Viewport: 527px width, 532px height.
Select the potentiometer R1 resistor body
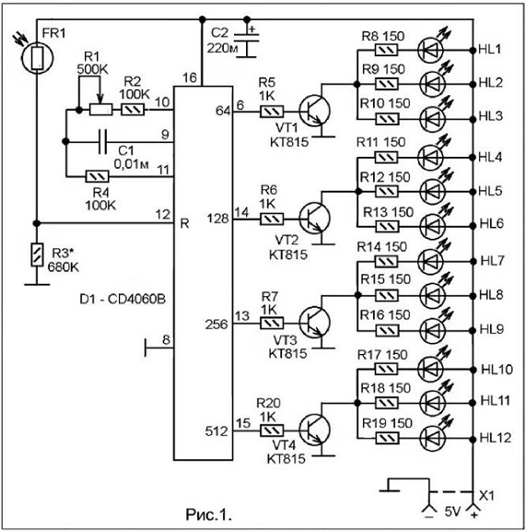[x=100, y=110]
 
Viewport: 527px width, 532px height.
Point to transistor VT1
[x=314, y=111]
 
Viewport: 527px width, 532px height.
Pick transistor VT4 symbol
[x=314, y=431]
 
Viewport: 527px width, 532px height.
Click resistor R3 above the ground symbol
[x=37, y=254]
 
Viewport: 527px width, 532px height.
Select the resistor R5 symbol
[x=272, y=112]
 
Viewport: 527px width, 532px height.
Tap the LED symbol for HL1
[x=431, y=50]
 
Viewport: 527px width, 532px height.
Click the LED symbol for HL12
[x=432, y=439]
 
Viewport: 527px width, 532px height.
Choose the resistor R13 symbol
[x=388, y=226]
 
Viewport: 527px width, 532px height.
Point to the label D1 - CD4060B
[x=123, y=300]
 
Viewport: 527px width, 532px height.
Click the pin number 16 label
[x=190, y=78]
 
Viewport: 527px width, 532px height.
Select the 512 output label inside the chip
[x=217, y=432]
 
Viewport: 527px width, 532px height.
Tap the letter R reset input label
[x=185, y=224]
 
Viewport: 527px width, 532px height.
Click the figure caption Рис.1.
[x=208, y=514]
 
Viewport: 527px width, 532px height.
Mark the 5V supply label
[x=452, y=512]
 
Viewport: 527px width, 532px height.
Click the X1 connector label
[x=486, y=496]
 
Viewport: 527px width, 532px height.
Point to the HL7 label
[x=492, y=261]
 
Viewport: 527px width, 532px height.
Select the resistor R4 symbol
[x=98, y=176]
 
